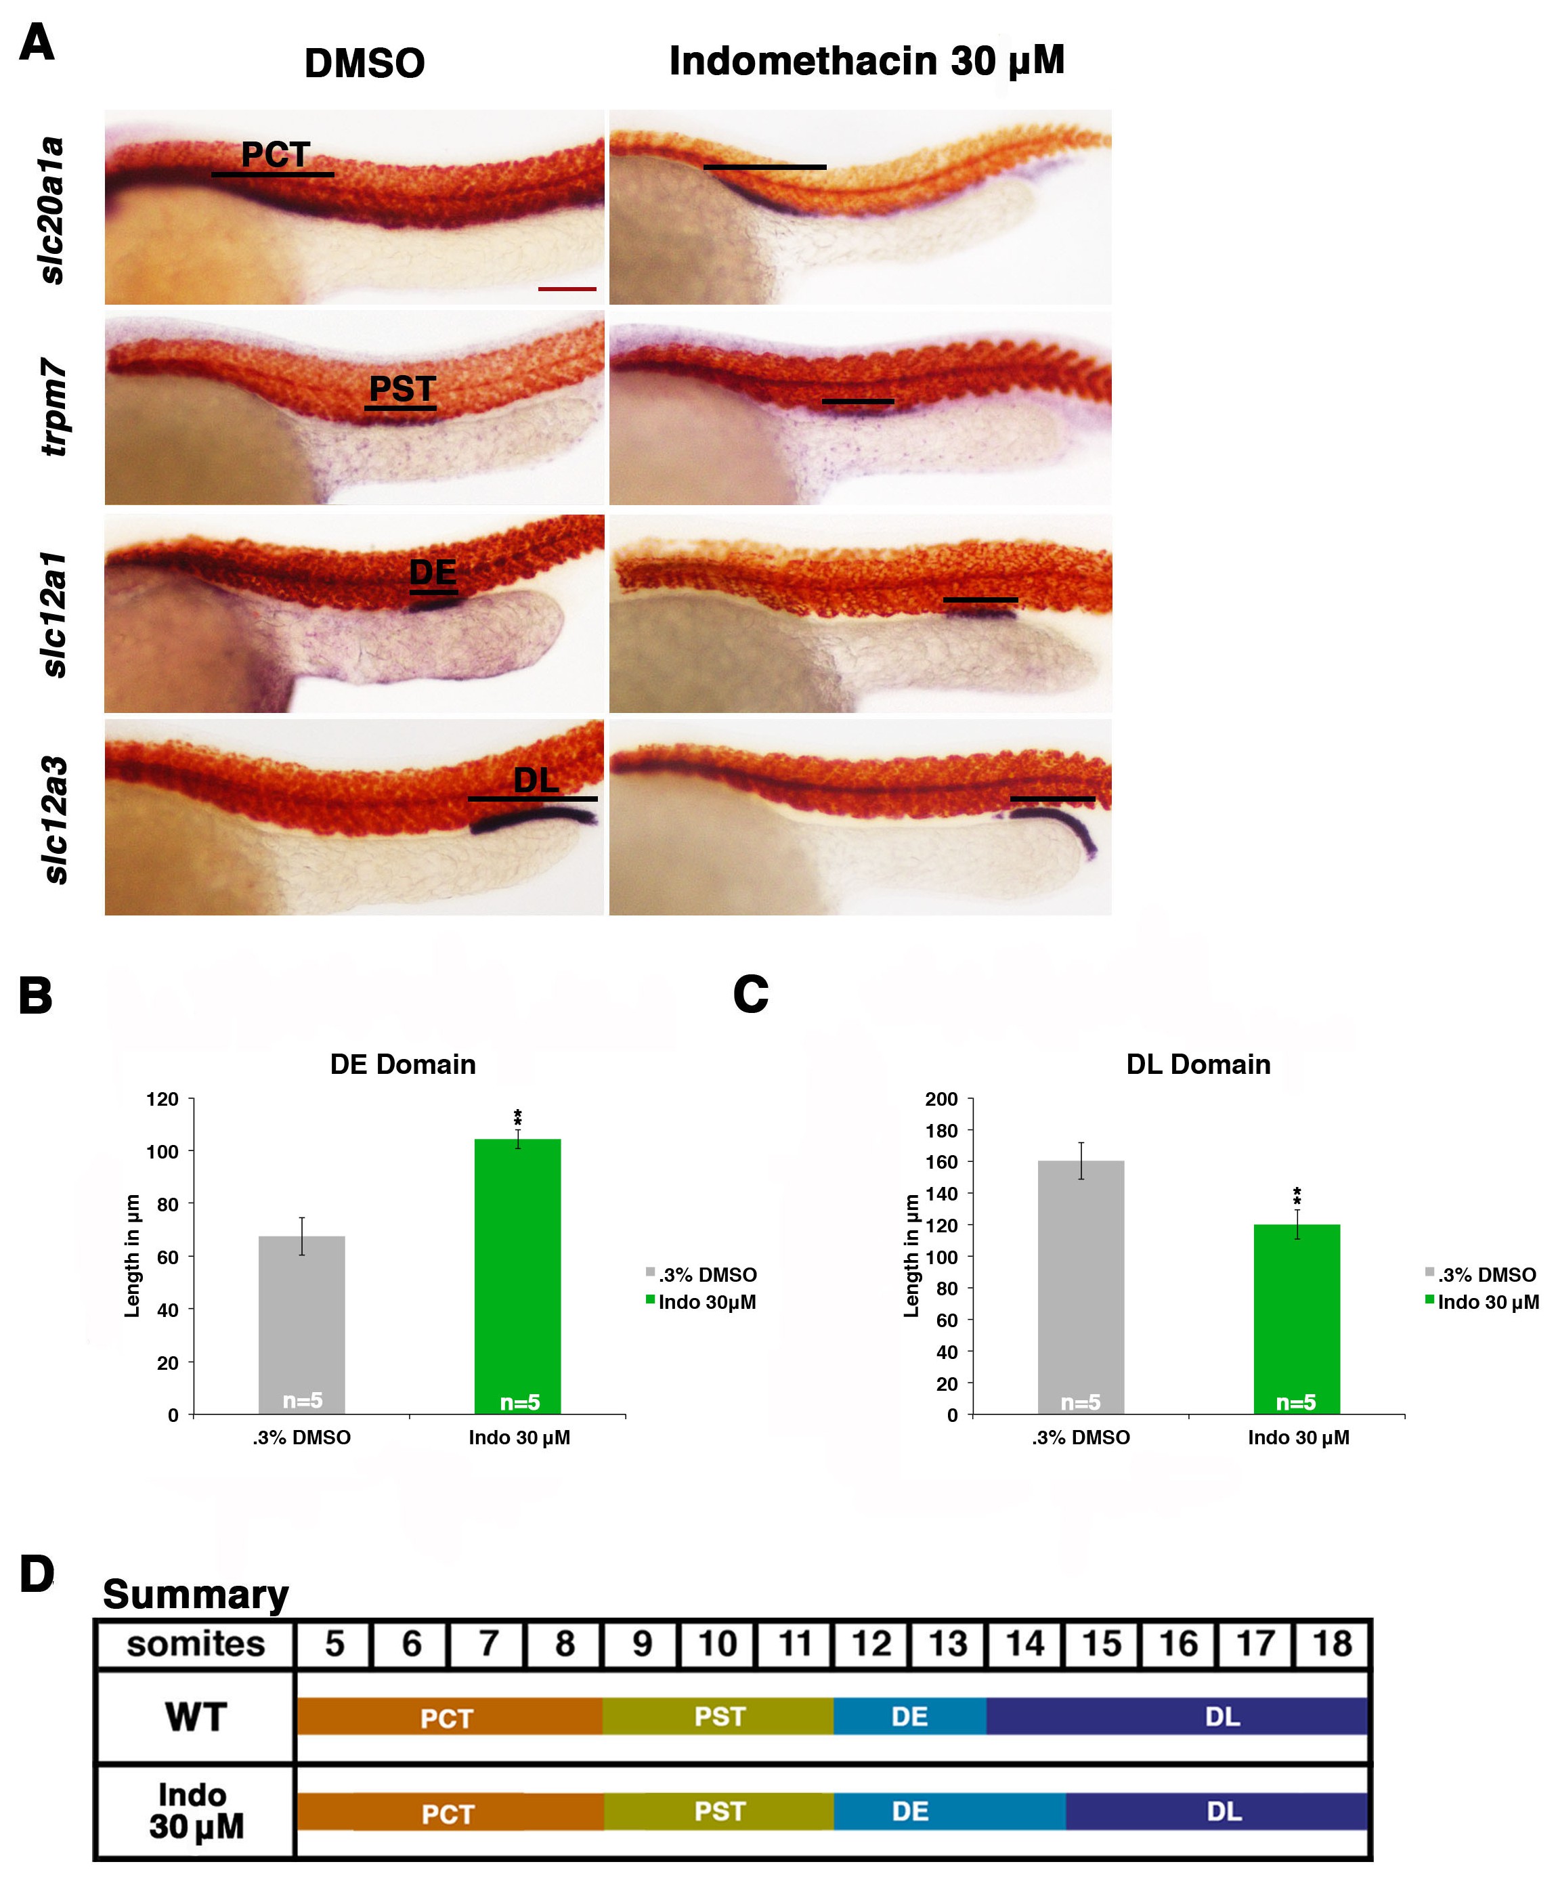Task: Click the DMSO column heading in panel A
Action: click(x=364, y=64)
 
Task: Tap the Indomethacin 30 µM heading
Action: click(x=866, y=61)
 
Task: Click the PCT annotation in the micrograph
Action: click(x=275, y=155)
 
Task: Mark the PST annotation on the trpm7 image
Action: click(x=402, y=389)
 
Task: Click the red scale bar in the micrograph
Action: click(x=566, y=288)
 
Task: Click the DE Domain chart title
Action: click(x=402, y=1064)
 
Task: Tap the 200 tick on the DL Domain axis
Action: click(x=941, y=1099)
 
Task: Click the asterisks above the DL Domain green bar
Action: click(x=1296, y=1196)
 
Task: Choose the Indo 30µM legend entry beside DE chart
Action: click(x=706, y=1302)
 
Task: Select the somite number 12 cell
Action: click(x=871, y=1643)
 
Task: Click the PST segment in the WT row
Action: click(x=718, y=1716)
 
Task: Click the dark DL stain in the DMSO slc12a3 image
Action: click(x=532, y=819)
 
